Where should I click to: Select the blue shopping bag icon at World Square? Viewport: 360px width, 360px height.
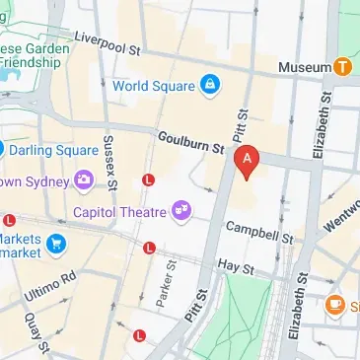(209, 86)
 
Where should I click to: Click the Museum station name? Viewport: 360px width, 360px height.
(304, 66)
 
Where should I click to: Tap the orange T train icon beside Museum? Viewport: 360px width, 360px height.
(341, 66)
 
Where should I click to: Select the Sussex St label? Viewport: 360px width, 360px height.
(109, 166)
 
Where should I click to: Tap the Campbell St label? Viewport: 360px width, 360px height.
(259, 232)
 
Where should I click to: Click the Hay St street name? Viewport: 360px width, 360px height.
(237, 265)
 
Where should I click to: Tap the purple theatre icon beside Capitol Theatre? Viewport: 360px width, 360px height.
(180, 208)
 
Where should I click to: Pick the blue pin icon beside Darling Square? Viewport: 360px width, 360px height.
(3, 150)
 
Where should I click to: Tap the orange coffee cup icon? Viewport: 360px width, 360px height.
(335, 305)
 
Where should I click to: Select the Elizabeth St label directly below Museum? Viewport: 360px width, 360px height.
(320, 123)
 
